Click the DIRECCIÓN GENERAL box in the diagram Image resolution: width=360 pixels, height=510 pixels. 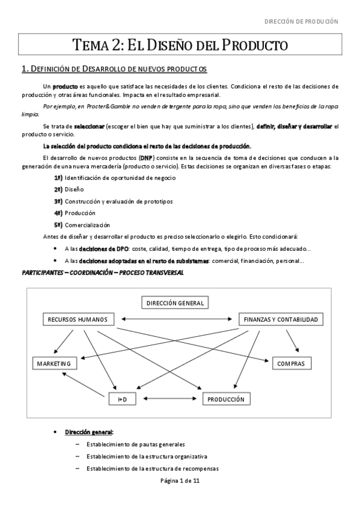tap(175, 303)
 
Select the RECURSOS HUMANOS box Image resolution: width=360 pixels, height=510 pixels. tap(78, 319)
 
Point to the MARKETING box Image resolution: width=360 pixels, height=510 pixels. tap(53, 363)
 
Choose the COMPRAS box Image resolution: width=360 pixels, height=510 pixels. tap(291, 363)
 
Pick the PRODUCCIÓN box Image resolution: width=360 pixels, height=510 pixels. tap(225, 399)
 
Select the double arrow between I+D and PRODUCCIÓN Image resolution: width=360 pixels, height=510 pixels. tap(170, 399)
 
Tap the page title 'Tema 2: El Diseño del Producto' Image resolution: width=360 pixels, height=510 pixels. tap(180, 45)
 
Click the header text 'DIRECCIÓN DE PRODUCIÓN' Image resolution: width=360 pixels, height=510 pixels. tap(301, 22)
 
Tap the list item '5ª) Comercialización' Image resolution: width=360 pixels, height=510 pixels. tap(82, 225)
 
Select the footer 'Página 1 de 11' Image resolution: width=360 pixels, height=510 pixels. tap(180, 481)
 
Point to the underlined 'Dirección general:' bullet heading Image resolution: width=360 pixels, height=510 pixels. tap(89, 432)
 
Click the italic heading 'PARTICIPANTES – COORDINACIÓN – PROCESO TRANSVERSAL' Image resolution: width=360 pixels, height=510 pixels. tap(102, 273)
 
